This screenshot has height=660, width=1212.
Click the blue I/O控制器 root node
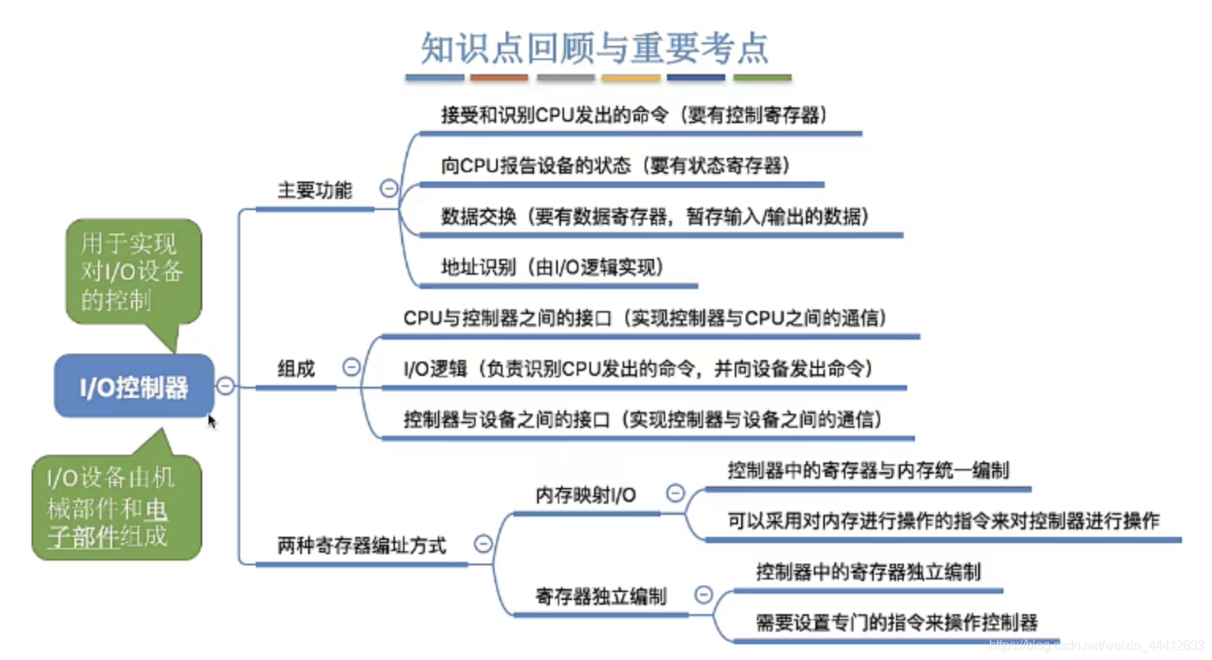pyautogui.click(x=134, y=386)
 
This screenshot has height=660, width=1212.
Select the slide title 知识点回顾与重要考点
pyautogui.click(x=594, y=47)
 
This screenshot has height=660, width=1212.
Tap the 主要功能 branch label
pyautogui.click(x=314, y=190)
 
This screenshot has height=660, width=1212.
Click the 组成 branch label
pyautogui.click(x=296, y=369)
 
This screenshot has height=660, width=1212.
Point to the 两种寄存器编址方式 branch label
pyautogui.click(x=361, y=546)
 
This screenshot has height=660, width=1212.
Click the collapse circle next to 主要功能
pyautogui.click(x=389, y=188)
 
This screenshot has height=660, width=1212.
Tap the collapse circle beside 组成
pyautogui.click(x=351, y=367)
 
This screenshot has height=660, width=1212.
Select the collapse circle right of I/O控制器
pyautogui.click(x=225, y=385)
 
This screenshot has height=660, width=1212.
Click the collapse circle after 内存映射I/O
pyautogui.click(x=676, y=493)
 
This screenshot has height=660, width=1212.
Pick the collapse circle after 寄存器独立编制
pyautogui.click(x=703, y=594)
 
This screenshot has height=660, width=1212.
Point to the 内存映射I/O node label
pyautogui.click(x=585, y=495)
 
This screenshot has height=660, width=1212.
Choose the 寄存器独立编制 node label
pyautogui.click(x=600, y=596)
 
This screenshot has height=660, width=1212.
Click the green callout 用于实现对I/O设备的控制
pyautogui.click(x=133, y=272)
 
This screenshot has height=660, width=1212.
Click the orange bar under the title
pyautogui.click(x=499, y=77)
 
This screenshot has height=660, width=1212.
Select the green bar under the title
pyautogui.click(x=762, y=77)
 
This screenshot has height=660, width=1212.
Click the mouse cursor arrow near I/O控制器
pyautogui.click(x=212, y=421)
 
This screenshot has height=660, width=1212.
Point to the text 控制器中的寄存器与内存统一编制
pyautogui.click(x=868, y=471)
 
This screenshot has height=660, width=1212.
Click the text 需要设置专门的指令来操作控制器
pyautogui.click(x=896, y=623)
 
